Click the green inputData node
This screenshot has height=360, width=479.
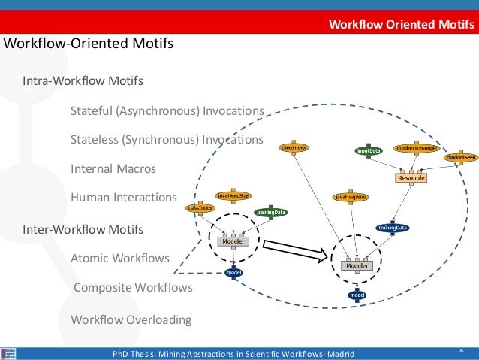coord(368,150)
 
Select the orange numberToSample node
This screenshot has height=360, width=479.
coord(417,149)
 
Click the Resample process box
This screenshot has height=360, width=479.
coord(411,178)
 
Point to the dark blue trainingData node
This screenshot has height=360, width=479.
coord(392,227)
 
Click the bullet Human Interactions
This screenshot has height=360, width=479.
coord(123,198)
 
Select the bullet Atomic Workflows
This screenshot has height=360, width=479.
coord(119,258)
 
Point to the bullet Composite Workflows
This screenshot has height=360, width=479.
coord(133,287)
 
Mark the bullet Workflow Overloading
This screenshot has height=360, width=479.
coord(131,319)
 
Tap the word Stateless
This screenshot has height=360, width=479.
coord(92,140)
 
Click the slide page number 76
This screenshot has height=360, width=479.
coord(460,351)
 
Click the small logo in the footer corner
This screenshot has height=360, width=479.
coord(9,353)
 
